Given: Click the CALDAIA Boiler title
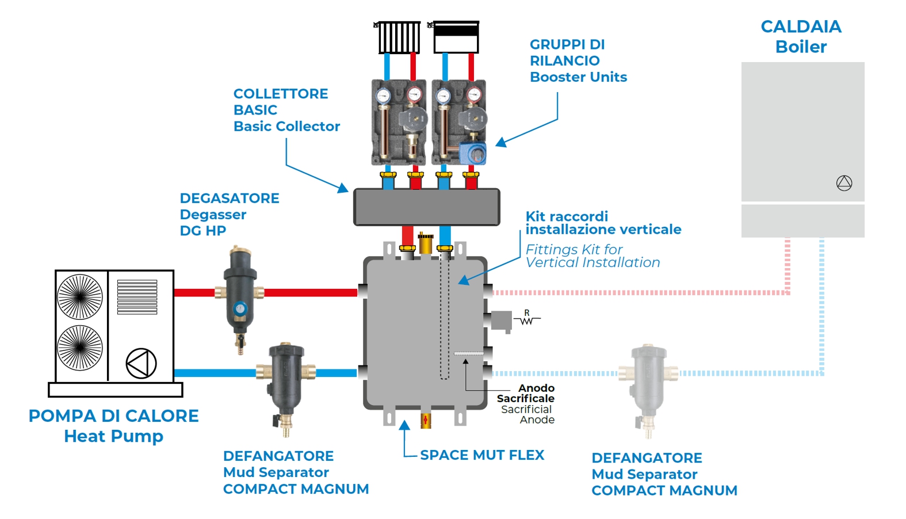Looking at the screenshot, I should pos(801,36).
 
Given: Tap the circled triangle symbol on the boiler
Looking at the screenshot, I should pos(844,183).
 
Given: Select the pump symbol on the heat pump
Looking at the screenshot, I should pos(141,363).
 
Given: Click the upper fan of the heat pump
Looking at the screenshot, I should pos(80,296).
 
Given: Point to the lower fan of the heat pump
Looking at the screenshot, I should pos(80,348).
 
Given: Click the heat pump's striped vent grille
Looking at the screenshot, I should pos(137,297).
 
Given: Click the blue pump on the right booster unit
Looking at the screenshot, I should pos(475,153).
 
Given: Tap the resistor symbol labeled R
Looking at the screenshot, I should pos(526,319).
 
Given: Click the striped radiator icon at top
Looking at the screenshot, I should pos(399,37).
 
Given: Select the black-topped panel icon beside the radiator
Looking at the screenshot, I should pos(456,37).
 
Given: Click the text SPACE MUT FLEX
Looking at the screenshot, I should pos(482,455).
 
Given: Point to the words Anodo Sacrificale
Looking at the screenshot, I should pos(526,393).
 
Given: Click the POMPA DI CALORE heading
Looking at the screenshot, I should pos(113,415).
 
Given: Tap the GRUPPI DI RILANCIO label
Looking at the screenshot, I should pos(567,52).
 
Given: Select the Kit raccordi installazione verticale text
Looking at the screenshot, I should pos(603,223).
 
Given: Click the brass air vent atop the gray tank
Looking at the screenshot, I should pos(426,243).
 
